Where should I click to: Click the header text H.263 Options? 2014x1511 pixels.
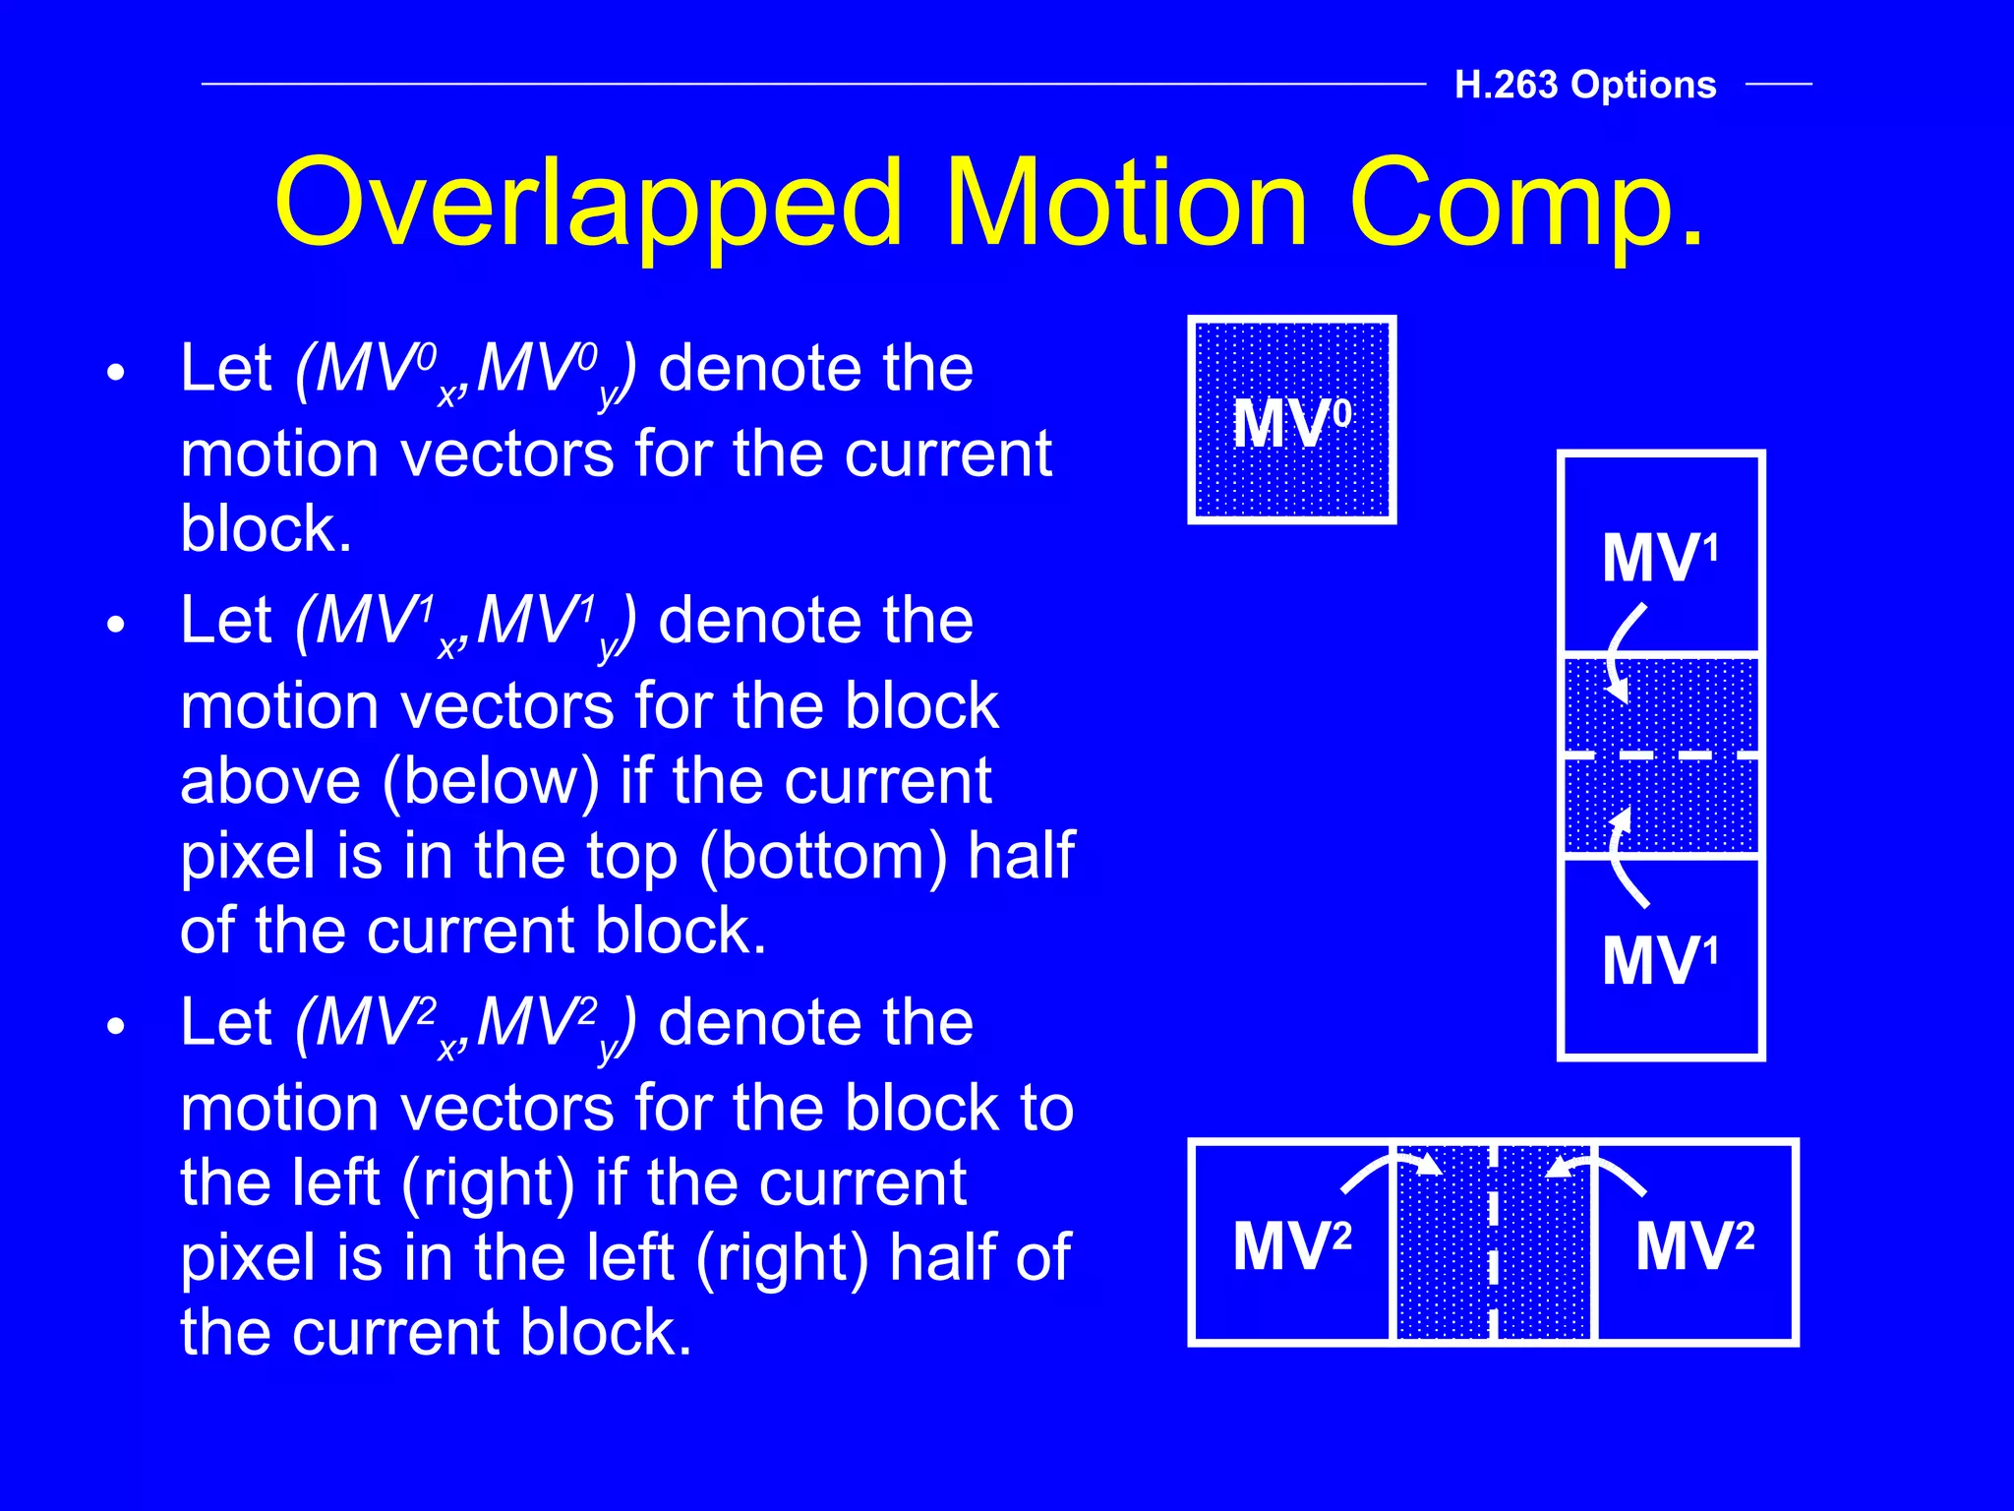[1584, 85]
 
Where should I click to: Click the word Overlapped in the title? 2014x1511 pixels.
[587, 205]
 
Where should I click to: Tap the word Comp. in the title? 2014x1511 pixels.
[1526, 205]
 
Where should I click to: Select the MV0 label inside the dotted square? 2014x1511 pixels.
[1291, 423]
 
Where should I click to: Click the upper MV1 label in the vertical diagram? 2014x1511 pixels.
[1660, 558]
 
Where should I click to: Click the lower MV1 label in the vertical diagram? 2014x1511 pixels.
[1660, 960]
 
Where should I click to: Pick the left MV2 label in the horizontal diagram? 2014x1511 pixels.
[1291, 1245]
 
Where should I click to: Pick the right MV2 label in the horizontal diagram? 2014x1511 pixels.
[1694, 1245]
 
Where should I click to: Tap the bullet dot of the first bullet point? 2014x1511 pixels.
[117, 374]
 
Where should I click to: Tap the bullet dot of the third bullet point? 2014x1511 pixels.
[117, 1027]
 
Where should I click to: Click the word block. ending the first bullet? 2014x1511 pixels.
[266, 529]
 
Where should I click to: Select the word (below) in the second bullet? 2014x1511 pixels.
[490, 781]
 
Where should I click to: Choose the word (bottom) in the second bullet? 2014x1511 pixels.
[823, 856]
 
